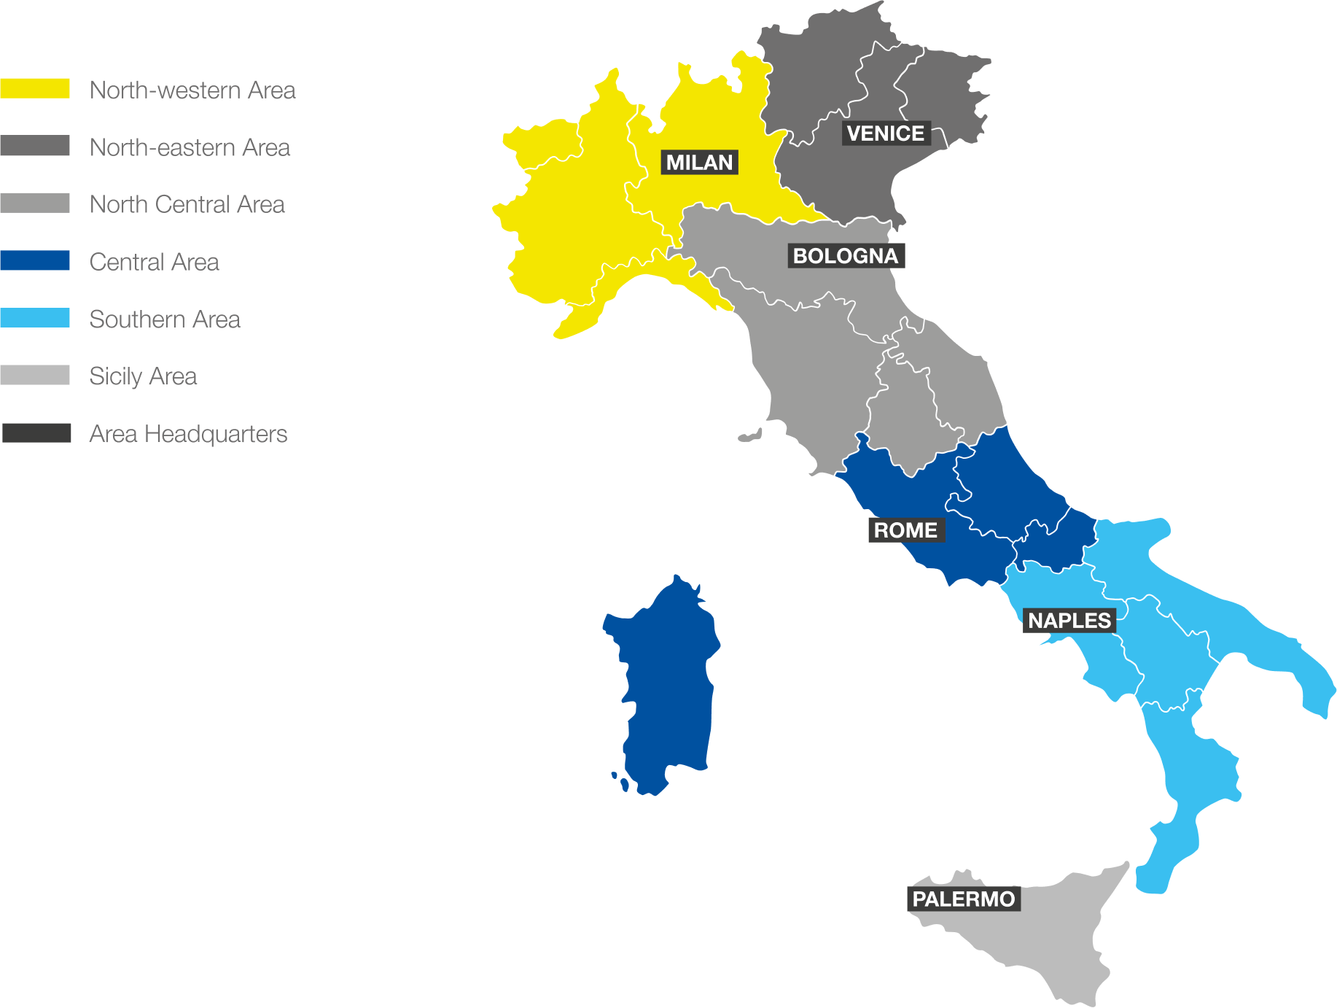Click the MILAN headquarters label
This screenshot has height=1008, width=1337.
(699, 162)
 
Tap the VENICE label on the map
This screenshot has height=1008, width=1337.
(886, 133)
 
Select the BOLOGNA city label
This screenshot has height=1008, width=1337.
(846, 256)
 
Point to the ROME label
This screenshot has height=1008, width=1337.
(905, 530)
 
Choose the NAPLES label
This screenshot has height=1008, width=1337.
(1069, 621)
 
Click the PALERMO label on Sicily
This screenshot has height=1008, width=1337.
(963, 899)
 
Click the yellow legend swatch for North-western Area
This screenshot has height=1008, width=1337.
(35, 89)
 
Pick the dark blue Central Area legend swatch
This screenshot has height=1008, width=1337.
(35, 260)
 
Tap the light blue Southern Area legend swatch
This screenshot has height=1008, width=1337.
(35, 318)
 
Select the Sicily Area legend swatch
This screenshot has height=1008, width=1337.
(35, 375)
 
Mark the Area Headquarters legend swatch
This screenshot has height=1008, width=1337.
(36, 433)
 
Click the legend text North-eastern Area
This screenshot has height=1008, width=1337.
(190, 147)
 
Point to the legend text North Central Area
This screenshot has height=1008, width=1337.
(187, 204)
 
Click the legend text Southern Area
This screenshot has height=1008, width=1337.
(164, 319)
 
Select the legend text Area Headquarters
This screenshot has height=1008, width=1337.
(188, 434)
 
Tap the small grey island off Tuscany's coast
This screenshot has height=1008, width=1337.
(749, 436)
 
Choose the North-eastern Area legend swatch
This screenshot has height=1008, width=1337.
(35, 146)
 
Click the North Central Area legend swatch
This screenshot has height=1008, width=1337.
(35, 203)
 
